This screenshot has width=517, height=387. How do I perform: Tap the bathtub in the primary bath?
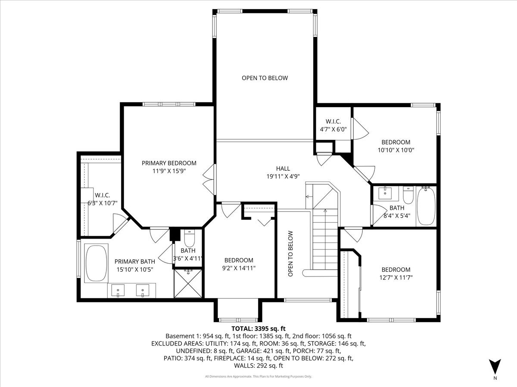[x=96, y=263]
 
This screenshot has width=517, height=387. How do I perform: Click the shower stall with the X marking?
[x=188, y=283]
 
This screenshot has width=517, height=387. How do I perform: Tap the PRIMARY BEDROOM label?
[x=169, y=163]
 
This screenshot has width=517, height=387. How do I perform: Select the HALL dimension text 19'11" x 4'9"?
[x=283, y=176]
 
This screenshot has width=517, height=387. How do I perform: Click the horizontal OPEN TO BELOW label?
[x=265, y=78]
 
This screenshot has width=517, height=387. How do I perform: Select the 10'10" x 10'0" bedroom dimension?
[x=396, y=150]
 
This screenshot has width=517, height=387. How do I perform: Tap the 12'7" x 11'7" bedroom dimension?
[x=396, y=278]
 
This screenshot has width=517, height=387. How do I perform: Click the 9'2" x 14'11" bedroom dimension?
[x=239, y=268]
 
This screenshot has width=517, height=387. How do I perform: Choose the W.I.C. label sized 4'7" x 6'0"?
[x=333, y=129]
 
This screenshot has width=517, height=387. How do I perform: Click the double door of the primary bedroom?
[x=209, y=178]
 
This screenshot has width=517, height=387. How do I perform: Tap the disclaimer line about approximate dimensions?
[x=258, y=377]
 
